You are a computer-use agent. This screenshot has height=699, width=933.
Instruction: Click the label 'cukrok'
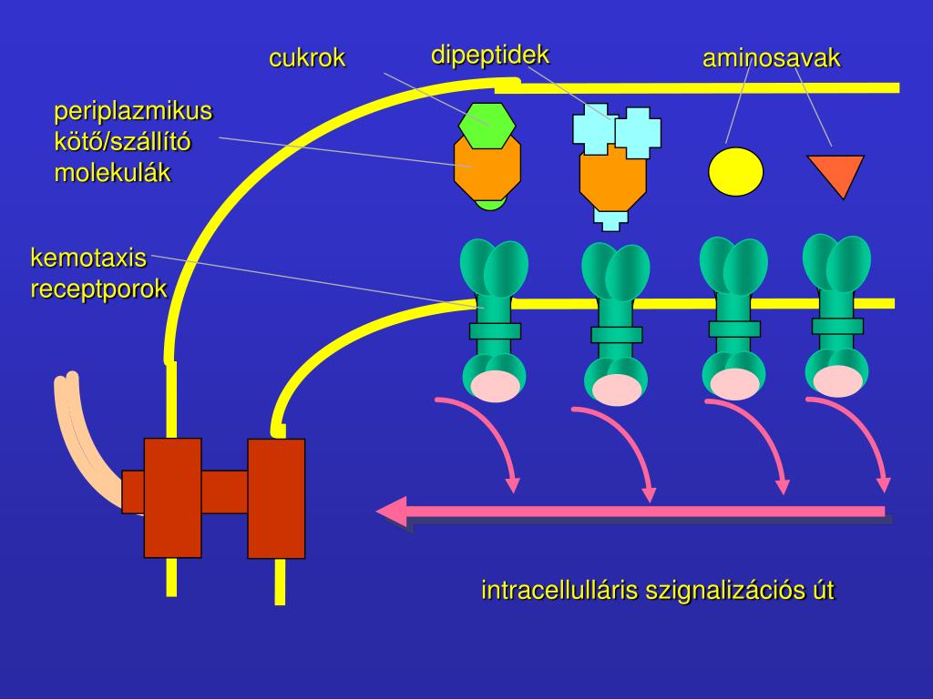307,57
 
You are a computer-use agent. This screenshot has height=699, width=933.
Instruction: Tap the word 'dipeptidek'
489,55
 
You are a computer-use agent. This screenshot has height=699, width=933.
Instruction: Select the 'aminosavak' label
771,57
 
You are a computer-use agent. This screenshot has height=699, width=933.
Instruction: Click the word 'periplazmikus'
133,111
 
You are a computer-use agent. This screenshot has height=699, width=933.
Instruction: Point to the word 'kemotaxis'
88,258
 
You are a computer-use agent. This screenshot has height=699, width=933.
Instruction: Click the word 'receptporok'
98,289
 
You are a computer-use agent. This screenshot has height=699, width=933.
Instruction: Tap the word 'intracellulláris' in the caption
559,590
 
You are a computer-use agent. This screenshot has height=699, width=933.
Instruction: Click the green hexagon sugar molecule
487,126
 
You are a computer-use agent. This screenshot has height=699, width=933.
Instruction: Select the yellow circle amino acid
735,172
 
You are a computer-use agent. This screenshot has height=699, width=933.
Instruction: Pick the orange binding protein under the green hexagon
487,168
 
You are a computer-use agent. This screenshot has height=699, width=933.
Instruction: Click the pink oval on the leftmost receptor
495,386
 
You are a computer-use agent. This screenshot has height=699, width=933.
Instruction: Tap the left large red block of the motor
172,498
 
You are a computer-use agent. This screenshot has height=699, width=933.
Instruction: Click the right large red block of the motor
276,499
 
